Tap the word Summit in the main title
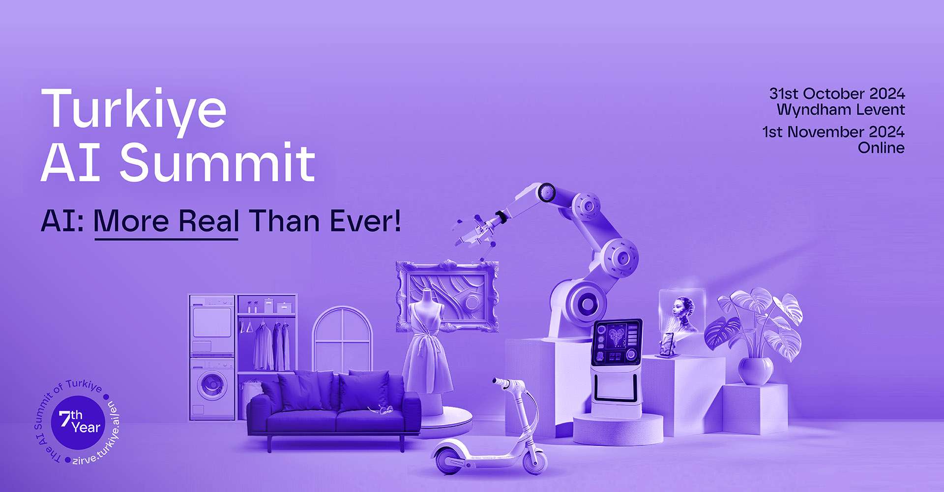click(x=217, y=162)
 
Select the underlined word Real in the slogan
click(x=208, y=221)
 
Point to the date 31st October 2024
click(x=837, y=93)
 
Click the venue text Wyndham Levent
click(x=841, y=109)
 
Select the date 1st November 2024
click(x=833, y=132)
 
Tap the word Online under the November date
click(x=881, y=148)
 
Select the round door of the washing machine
click(x=211, y=385)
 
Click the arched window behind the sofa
click(x=343, y=339)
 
